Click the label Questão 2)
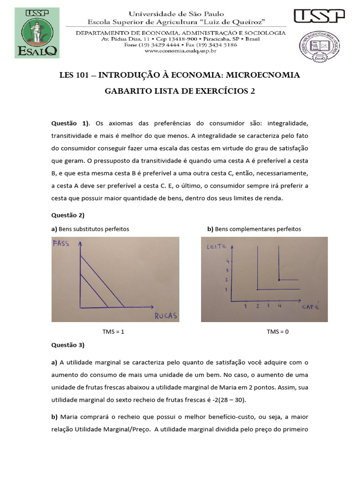(67, 215)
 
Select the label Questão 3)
(67, 345)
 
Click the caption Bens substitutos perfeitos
(90, 229)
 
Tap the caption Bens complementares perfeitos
(254, 229)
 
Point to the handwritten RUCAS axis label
(166, 315)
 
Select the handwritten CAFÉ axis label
(310, 307)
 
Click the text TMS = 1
(113, 331)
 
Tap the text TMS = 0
(277, 331)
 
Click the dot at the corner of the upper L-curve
(279, 280)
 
